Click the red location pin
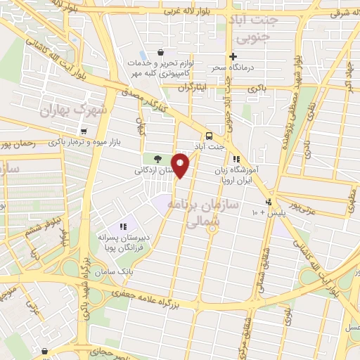[x=181, y=165]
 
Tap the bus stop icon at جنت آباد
[x=209, y=136]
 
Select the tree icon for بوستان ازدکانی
[x=157, y=159]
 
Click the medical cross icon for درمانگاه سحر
[x=233, y=57]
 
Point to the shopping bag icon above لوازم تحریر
[x=161, y=52]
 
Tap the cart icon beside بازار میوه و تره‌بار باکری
[x=84, y=131]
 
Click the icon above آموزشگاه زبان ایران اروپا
[x=236, y=160]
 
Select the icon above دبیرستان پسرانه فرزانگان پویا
[x=123, y=226]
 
